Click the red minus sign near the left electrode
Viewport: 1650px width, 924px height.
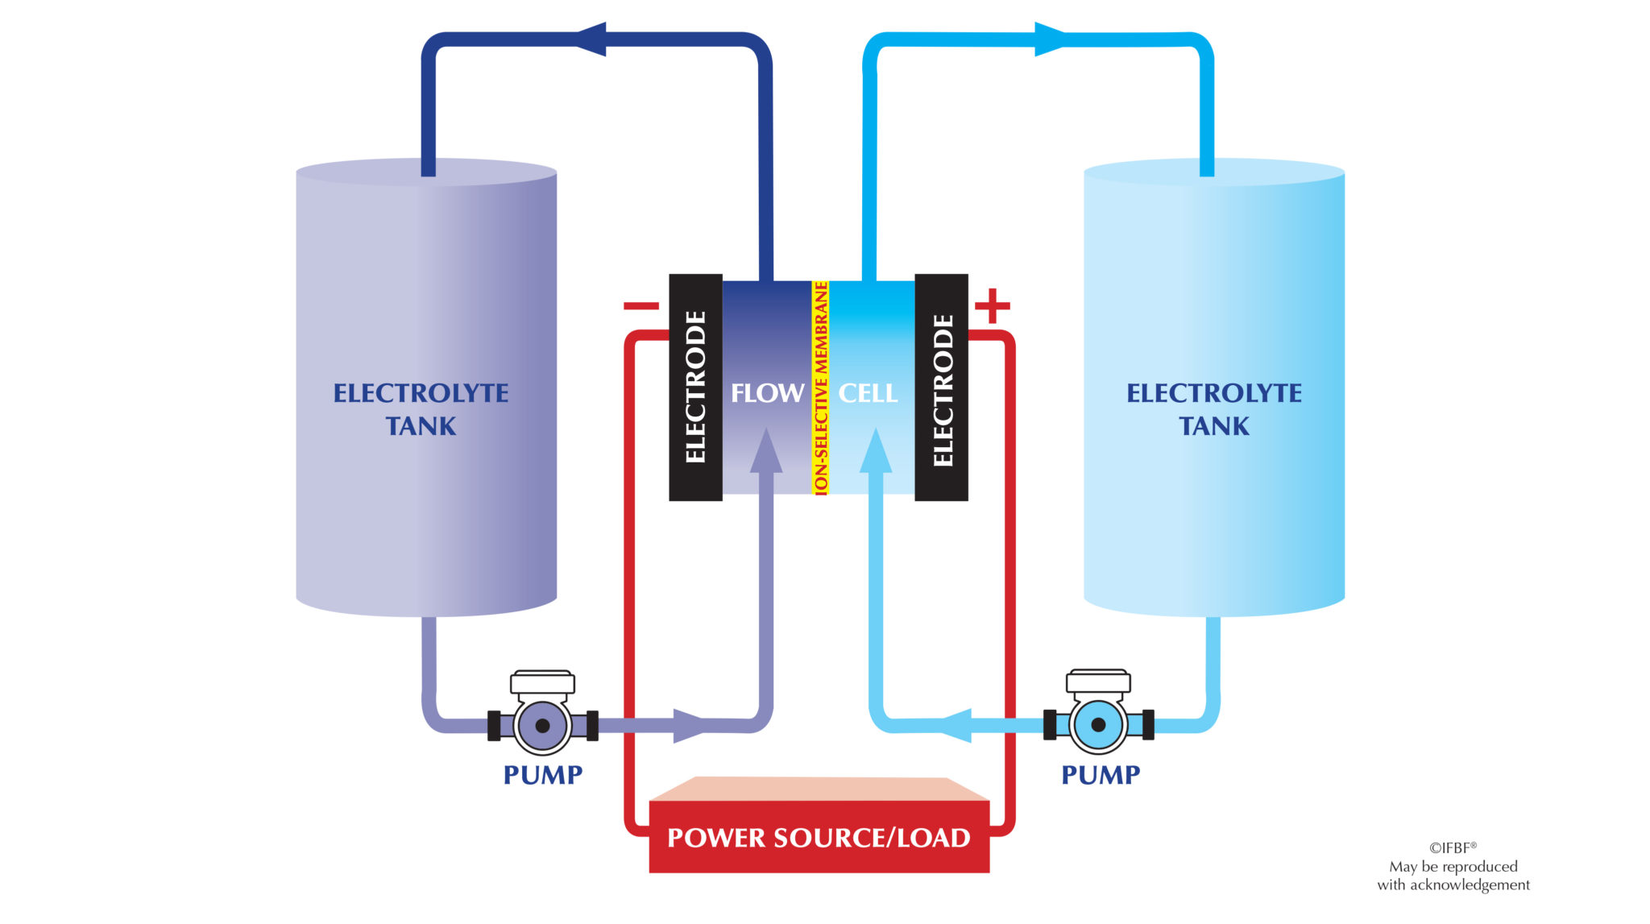pyautogui.click(x=641, y=305)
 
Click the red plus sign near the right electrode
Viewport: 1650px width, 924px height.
pyautogui.click(x=992, y=305)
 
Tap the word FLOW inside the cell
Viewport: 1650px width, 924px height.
pyautogui.click(x=767, y=393)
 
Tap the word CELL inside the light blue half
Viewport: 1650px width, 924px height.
pyautogui.click(x=868, y=393)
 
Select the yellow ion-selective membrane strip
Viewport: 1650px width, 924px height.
pyautogui.click(x=820, y=387)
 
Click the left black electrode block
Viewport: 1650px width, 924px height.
pyautogui.click(x=695, y=387)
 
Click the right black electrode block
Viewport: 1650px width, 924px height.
pyautogui.click(x=941, y=387)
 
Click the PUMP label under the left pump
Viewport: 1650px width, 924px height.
pyautogui.click(x=542, y=775)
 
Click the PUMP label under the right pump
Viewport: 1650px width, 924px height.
pyautogui.click(x=1101, y=775)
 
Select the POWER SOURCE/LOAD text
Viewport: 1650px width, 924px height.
pyautogui.click(x=819, y=838)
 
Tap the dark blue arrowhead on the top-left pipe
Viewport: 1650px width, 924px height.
pyautogui.click(x=591, y=39)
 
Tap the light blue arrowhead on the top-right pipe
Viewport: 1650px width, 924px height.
pyautogui.click(x=1050, y=39)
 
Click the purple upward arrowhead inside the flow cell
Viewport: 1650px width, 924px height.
pyautogui.click(x=765, y=451)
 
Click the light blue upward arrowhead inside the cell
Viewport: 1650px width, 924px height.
pyautogui.click(x=876, y=451)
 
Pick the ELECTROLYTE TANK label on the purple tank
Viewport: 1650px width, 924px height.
pyautogui.click(x=421, y=409)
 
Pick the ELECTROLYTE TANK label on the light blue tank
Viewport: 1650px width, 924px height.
pyautogui.click(x=1213, y=409)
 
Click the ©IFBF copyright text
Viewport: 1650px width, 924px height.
pyautogui.click(x=1453, y=847)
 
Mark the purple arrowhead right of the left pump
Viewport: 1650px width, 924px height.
pyautogui.click(x=689, y=725)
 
